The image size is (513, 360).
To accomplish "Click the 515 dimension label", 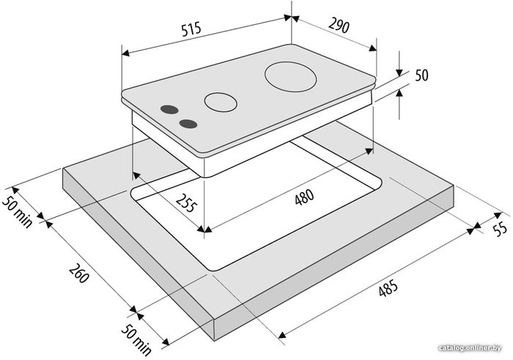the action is click(191, 30).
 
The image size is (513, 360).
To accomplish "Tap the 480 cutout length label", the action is click(304, 197).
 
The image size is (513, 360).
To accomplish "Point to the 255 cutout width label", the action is click(186, 202).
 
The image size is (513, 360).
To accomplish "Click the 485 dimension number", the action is click(388, 287).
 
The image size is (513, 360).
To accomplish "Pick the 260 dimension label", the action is click(79, 273).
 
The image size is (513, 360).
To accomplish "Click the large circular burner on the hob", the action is click(290, 77).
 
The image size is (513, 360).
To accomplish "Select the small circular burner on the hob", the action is click(221, 102).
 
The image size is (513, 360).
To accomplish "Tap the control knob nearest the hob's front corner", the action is click(188, 124).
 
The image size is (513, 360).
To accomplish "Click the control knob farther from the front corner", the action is click(169, 110).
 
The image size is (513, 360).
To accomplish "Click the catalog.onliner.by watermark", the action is click(470, 348).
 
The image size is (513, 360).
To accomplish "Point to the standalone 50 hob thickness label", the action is click(421, 75).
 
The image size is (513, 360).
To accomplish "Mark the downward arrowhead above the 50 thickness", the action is click(399, 73).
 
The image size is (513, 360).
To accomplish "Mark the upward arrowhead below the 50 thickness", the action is click(399, 94).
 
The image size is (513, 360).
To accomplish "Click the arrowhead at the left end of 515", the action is click(125, 52).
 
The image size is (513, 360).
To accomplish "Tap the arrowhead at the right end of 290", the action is click(372, 48).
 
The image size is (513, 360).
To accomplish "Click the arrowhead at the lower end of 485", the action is click(282, 335).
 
